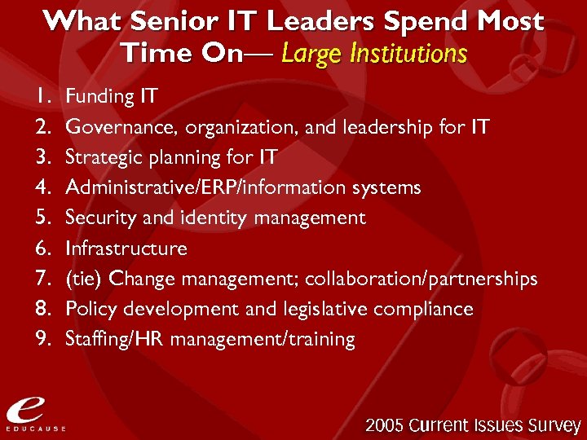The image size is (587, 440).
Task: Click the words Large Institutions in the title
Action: (x=374, y=54)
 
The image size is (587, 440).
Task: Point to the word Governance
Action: (x=122, y=128)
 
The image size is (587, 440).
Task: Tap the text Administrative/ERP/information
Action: (x=207, y=188)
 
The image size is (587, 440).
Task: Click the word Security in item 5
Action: (x=95, y=218)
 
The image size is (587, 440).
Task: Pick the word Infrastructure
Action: (x=126, y=249)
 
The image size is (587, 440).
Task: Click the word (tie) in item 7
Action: (x=84, y=279)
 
